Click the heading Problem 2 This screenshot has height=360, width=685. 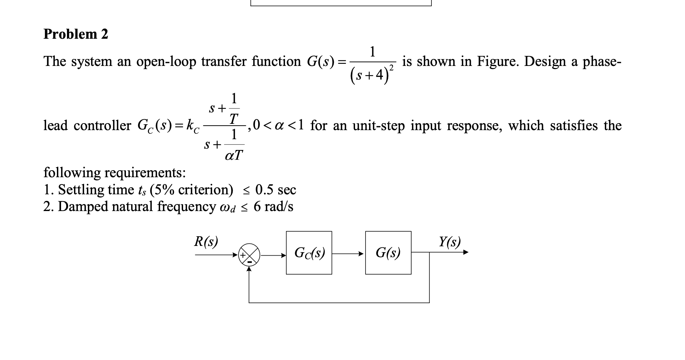click(76, 34)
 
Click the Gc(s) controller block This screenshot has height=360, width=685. click(309, 253)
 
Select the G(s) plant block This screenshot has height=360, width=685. click(388, 253)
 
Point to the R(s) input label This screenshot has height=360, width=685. click(206, 241)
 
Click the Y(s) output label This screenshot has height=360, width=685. click(450, 241)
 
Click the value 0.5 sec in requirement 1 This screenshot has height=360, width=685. click(276, 190)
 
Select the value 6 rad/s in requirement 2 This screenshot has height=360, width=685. click(273, 207)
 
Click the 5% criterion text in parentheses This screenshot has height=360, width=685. click(191, 190)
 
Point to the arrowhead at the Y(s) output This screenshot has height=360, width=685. click(466, 252)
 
